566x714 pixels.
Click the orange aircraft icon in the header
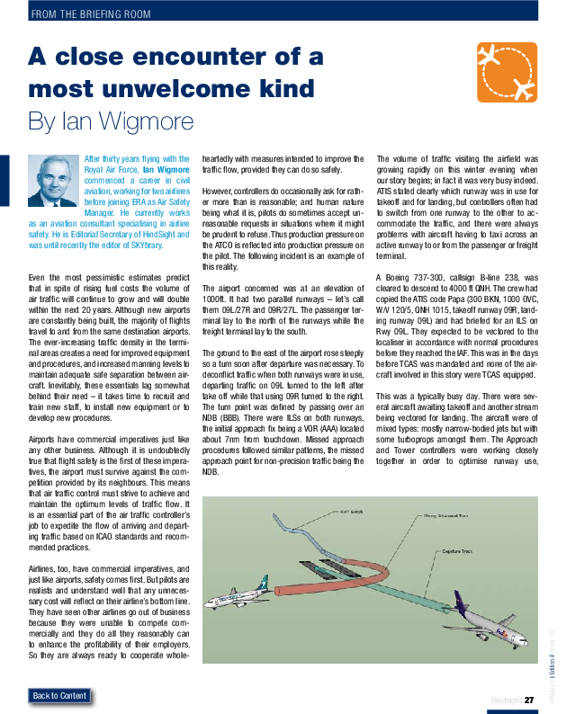click(506, 72)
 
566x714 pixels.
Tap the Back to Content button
click(60, 695)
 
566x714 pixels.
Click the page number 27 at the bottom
click(530, 701)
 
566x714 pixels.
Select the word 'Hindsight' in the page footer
click(506, 701)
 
